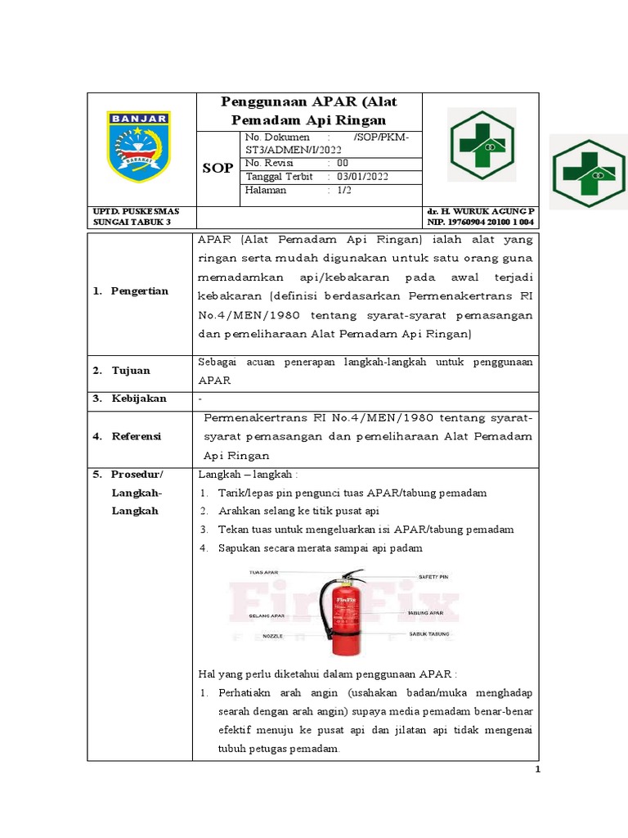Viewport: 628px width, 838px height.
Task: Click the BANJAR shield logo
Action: coord(139,146)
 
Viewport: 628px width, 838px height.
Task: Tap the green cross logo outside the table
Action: coord(589,173)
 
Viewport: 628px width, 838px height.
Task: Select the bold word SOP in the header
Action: coord(218,168)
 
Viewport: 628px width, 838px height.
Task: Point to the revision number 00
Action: coord(343,163)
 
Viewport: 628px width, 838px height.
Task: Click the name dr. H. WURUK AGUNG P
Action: coord(482,211)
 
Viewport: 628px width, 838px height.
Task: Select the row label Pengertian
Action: coord(140,291)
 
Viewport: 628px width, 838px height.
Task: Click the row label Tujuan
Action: coord(132,371)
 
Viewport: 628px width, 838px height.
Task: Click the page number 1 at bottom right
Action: coord(536,769)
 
